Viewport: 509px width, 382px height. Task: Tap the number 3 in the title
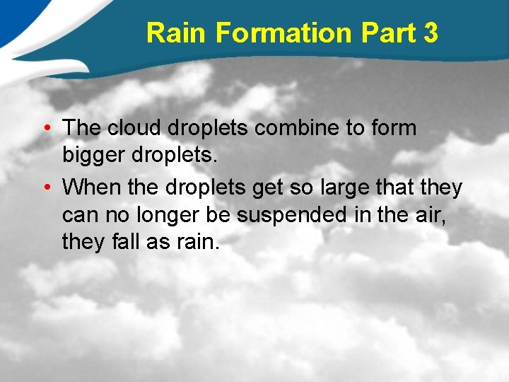click(x=430, y=33)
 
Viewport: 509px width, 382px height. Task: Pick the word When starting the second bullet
click(x=88, y=187)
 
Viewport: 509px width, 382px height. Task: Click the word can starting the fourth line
click(x=77, y=215)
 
